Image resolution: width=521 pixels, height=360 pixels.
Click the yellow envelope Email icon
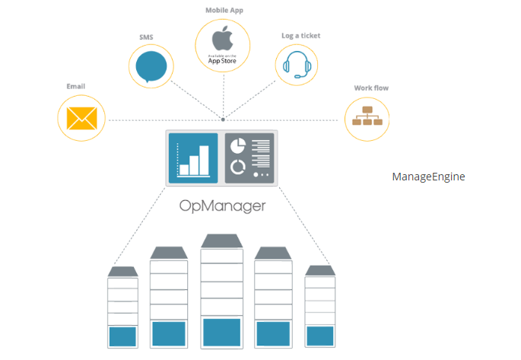coord(81,118)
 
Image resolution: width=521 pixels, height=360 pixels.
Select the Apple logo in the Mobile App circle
coord(223,38)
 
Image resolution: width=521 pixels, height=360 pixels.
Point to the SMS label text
coord(146,37)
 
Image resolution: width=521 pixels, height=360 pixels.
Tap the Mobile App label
coord(223,10)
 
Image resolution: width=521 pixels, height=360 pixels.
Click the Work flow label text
coord(371,88)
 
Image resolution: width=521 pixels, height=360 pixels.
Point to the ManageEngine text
coord(428,177)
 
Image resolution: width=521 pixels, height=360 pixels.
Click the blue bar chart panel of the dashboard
coord(193,158)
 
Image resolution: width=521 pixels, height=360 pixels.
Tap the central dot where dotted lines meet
coord(223,119)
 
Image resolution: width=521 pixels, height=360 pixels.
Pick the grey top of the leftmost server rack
coord(122,271)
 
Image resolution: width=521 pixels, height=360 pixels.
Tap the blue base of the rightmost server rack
coord(320,336)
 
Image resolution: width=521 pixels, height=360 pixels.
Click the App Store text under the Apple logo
coord(223,59)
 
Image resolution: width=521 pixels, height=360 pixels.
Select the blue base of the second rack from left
coord(169,333)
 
